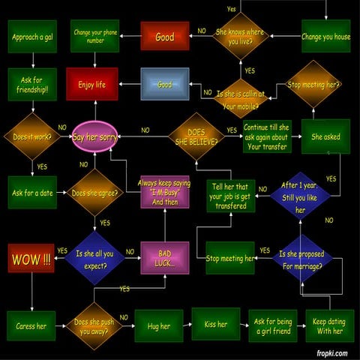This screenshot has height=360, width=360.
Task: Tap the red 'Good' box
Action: pos(165,37)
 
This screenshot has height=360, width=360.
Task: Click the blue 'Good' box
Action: pos(165,84)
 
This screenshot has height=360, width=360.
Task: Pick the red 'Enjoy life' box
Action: pos(91,84)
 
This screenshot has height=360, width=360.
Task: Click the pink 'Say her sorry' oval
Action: pos(95,137)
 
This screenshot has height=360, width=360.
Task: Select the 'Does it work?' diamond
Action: pos(31,137)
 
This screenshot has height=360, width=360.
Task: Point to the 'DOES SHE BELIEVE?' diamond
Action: pos(196,136)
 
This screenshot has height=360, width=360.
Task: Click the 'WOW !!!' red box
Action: pos(31,259)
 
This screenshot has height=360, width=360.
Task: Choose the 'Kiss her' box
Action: pos(216,325)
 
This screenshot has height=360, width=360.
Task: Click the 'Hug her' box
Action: pos(159,326)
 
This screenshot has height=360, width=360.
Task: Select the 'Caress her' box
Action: pos(31,326)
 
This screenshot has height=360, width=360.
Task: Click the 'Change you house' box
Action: pos(325,36)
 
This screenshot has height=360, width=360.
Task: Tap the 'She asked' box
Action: pos(325,137)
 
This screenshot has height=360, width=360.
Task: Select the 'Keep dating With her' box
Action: pos(328,326)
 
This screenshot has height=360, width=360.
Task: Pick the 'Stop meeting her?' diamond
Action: pos(314,85)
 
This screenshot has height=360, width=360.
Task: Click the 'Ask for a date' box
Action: pos(32,193)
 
